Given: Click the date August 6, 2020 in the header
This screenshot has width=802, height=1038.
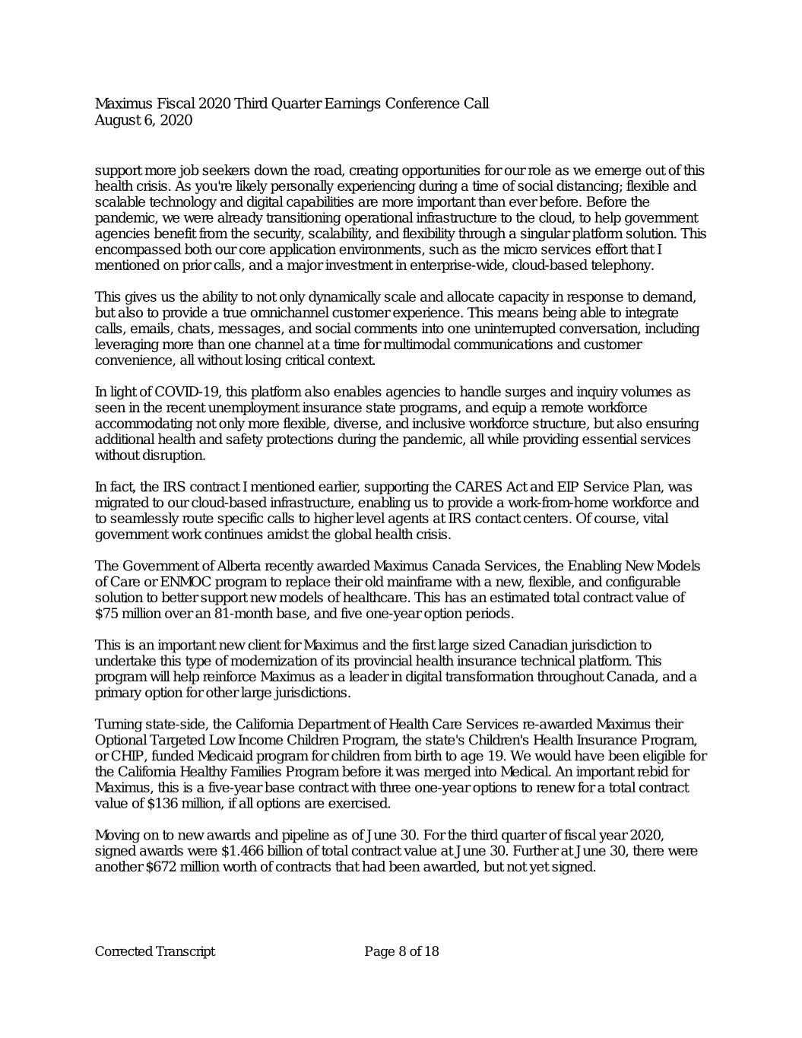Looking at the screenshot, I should [x=143, y=120].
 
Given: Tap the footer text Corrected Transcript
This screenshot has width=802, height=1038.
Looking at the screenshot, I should [x=154, y=951].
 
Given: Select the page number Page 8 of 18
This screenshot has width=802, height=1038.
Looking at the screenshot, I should [x=401, y=951].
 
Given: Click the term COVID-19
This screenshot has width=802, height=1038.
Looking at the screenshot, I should [x=187, y=392].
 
